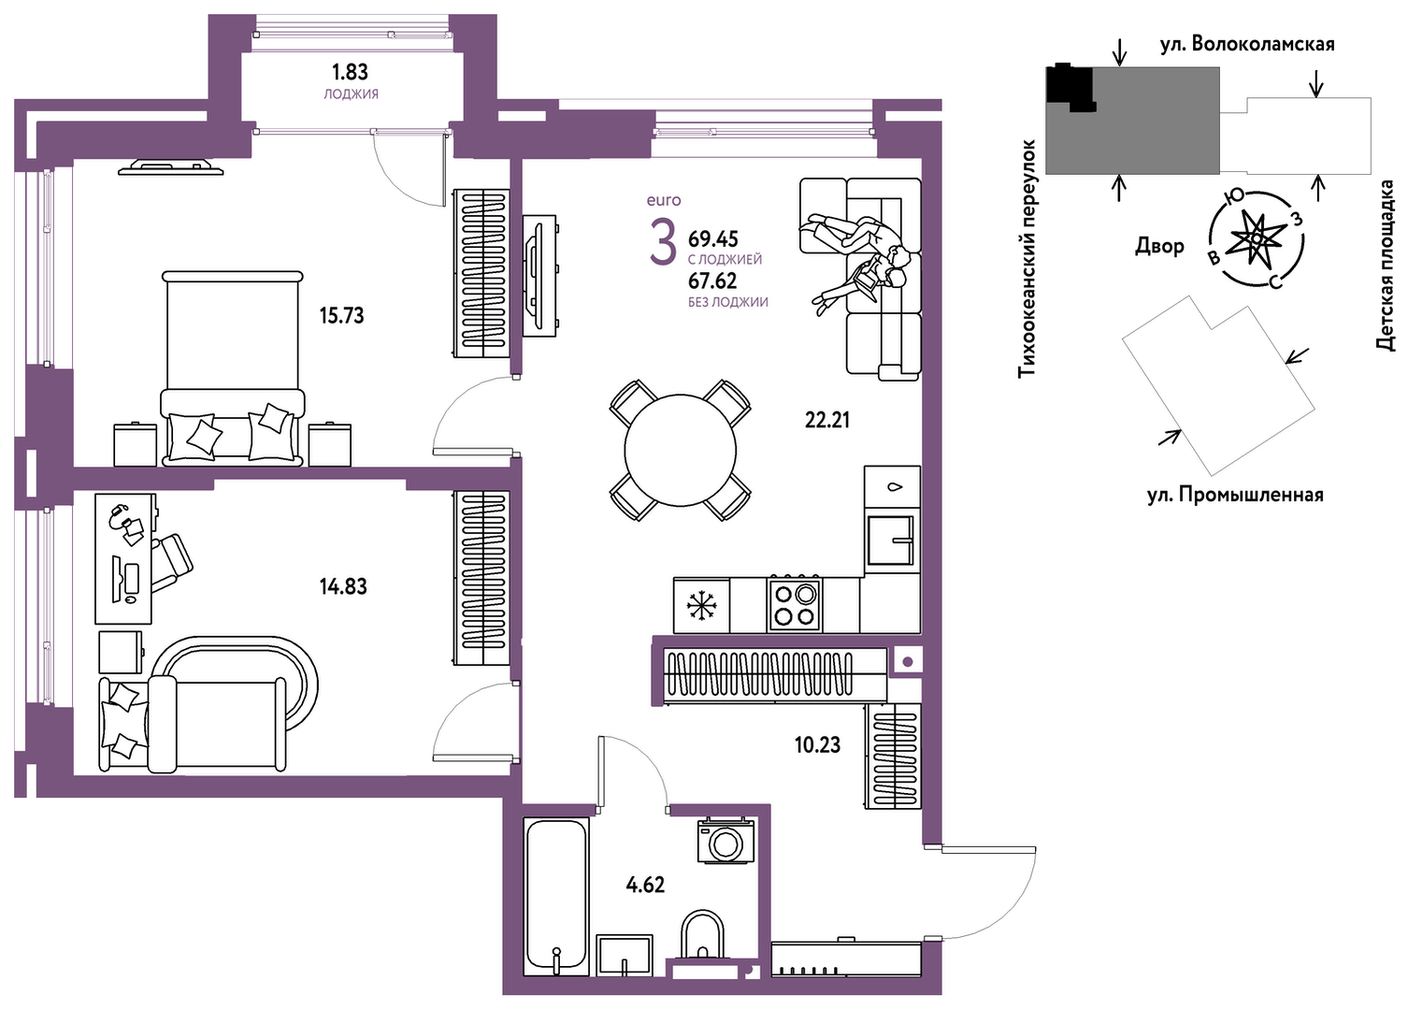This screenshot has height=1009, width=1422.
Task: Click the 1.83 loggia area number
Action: (x=350, y=72)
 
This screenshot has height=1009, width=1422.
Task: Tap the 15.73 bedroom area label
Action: (x=341, y=315)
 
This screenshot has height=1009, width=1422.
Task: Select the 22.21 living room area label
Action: (x=827, y=420)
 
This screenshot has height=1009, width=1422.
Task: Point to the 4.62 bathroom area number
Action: (x=645, y=885)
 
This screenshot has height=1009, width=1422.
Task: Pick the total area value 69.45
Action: (x=713, y=238)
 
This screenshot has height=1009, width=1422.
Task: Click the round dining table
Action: (x=680, y=450)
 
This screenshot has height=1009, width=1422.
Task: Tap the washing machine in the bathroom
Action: (x=725, y=841)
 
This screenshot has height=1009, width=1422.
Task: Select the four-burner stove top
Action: (x=794, y=604)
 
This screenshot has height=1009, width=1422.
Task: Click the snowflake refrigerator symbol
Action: (x=701, y=605)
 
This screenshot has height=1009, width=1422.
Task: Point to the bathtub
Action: (x=556, y=896)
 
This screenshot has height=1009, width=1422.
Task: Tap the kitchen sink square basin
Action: (x=891, y=540)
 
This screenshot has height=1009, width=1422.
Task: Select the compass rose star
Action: (x=1256, y=239)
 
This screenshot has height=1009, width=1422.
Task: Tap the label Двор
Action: (x=1159, y=245)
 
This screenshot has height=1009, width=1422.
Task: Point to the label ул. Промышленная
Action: (x=1235, y=495)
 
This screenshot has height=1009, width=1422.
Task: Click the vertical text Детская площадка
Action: (x=1386, y=266)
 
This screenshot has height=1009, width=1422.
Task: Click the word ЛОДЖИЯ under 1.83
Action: (x=351, y=94)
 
